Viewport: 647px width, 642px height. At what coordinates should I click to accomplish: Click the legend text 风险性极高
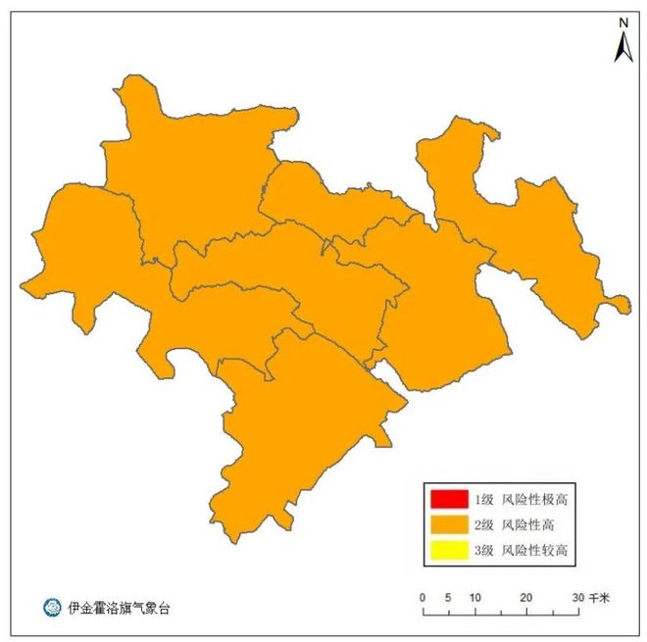pos(534,499)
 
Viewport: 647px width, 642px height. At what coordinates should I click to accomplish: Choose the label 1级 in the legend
pos(483,499)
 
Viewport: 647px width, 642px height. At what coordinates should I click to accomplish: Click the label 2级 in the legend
pos(483,524)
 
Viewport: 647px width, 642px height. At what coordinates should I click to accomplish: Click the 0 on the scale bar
pos(422,597)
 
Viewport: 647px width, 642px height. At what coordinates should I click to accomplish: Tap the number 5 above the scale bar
pos(448,597)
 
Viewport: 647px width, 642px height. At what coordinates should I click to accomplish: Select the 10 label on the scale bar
pos(474,597)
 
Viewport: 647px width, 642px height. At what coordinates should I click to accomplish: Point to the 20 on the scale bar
pos(526,597)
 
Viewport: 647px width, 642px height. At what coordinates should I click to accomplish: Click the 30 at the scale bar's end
pos(578,597)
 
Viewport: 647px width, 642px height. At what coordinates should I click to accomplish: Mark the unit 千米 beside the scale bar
pos(600,597)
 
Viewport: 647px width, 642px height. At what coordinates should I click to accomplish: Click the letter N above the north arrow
pos(622,22)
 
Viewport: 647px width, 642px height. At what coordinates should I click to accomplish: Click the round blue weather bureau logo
pos(51,608)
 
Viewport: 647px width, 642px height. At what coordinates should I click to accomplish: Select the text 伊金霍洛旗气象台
pos(119,608)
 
